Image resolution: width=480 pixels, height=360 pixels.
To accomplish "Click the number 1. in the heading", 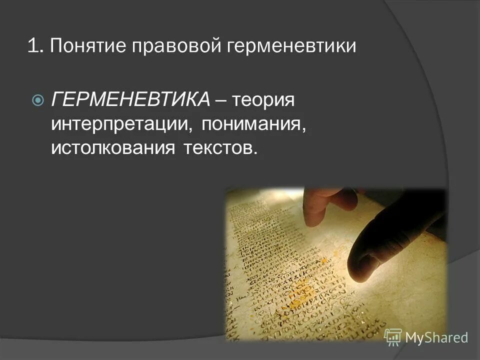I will point(35,47).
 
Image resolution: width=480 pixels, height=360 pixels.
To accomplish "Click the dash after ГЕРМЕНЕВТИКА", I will point(220,100).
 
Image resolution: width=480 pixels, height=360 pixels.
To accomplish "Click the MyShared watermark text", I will point(436,337).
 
